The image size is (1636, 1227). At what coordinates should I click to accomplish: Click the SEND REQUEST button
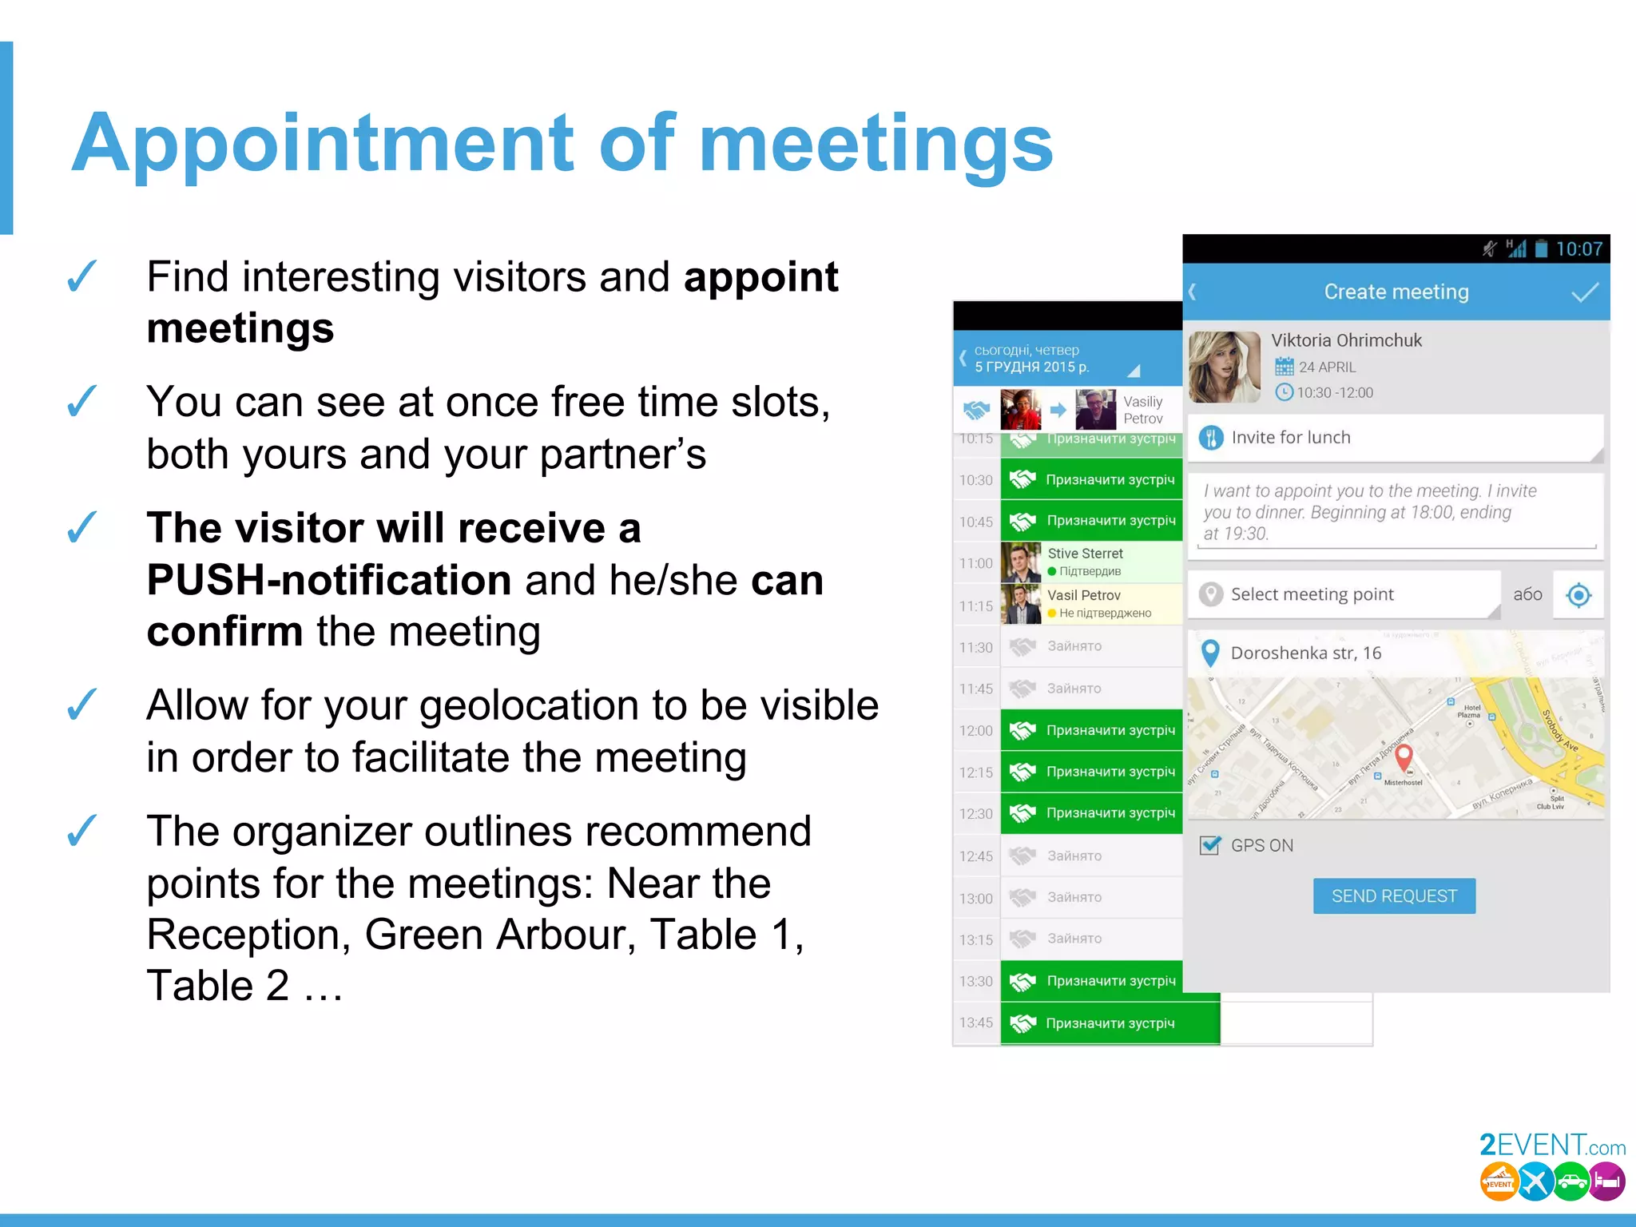pos(1394,896)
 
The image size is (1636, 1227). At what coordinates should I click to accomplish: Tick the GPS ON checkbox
pos(1210,845)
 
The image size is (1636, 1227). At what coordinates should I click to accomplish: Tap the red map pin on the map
pos(1404,755)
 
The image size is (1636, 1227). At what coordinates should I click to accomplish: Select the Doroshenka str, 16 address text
pos(1305,653)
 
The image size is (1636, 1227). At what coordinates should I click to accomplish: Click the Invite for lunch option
pos(1290,438)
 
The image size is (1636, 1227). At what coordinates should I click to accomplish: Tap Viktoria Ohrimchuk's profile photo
pos(1224,367)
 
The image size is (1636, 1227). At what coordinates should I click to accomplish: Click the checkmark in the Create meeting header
pos(1585,292)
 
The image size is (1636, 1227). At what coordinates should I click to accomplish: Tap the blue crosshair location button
pos(1578,595)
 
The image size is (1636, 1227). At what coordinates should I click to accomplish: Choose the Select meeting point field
pos(1312,595)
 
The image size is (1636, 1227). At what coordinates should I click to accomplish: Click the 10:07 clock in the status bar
pos(1578,249)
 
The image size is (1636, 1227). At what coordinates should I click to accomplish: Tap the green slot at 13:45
pos(1110,1023)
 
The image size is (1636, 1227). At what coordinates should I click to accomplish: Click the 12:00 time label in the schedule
pos(976,731)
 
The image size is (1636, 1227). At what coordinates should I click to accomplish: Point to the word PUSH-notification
pos(329,581)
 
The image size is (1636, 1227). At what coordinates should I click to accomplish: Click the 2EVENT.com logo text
pos(1552,1146)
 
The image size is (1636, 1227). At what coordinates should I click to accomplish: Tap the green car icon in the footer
pos(1571,1181)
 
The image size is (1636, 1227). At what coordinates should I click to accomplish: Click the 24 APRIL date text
pos(1327,367)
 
